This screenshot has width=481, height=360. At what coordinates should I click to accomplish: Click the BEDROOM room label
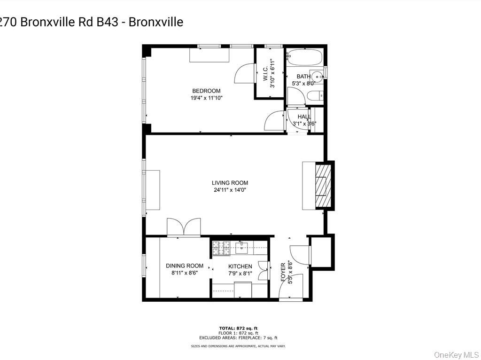coord(206,91)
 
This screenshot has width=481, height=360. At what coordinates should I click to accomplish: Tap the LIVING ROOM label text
coord(230,183)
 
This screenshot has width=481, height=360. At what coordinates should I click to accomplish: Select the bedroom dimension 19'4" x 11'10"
coord(206,98)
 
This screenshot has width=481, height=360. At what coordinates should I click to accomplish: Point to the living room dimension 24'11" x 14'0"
coord(230,190)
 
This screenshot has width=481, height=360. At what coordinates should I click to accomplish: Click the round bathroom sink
coord(318,75)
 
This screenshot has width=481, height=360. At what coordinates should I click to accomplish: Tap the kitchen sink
coord(241,247)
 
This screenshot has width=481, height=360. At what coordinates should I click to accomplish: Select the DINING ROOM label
coord(185,266)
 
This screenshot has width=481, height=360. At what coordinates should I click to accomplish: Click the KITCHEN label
coord(240,266)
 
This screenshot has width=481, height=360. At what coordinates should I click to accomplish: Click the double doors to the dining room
coord(184,227)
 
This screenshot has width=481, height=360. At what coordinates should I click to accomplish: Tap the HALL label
coord(304,117)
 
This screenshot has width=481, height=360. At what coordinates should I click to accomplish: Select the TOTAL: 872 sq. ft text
coord(238,328)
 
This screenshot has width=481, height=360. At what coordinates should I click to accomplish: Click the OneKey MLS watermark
coord(455,354)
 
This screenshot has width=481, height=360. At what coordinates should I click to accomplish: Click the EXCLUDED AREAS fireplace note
coord(238,337)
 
